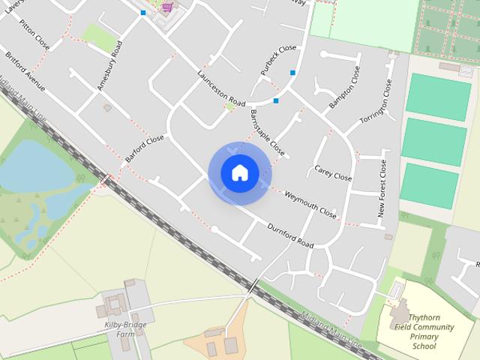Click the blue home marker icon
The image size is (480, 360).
pos(239,172)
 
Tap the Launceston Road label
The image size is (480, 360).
pos(221,87)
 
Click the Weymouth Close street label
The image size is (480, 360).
pos(310,203)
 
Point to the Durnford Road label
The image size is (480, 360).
pos(290,232)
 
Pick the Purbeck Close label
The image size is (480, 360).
pos(278,59)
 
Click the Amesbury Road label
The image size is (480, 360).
pos(109,66)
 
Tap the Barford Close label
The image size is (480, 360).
pos(144,148)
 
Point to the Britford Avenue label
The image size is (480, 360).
pos(25,72)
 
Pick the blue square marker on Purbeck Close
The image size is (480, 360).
pos(292,72)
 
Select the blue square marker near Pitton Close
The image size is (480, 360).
pos(142,13)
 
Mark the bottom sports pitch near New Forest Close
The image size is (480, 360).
pos(428,186)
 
